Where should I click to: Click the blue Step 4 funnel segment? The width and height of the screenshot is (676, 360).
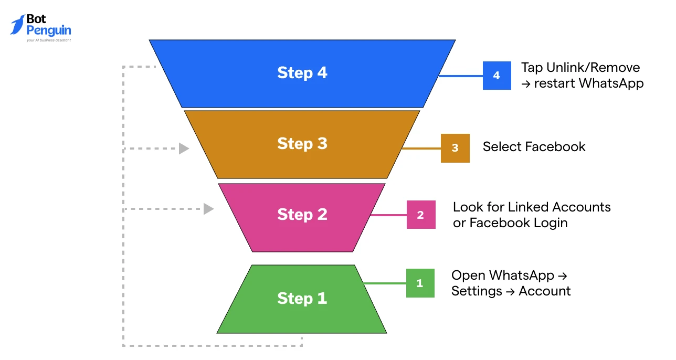coord(302,73)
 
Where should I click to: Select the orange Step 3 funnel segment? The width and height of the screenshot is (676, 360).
coord(302,144)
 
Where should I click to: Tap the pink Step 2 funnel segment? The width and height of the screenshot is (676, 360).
coord(302,215)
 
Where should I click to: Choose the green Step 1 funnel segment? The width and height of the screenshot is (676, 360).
coord(302,299)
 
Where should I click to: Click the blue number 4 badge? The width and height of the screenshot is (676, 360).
coord(497,76)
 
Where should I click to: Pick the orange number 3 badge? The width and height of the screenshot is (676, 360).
coord(455,148)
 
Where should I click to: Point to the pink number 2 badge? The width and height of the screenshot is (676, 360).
coord(421,215)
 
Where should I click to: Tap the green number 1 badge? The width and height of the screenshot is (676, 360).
coord(420,283)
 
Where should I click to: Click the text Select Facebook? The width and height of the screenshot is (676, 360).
coord(534,147)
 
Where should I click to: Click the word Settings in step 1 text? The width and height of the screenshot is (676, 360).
coord(476,291)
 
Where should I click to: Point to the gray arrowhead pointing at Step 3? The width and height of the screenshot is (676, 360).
coord(184,149)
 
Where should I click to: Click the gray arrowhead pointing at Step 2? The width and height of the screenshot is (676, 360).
coord(208,209)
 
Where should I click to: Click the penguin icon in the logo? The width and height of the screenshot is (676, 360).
coord(17,25)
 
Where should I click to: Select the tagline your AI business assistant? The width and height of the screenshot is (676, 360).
coord(49,40)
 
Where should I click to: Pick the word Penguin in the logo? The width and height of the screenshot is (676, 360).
coord(49,30)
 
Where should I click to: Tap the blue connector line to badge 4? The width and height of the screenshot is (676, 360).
coord(461,76)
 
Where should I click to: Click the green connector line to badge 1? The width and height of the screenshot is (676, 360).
coord(385,284)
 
